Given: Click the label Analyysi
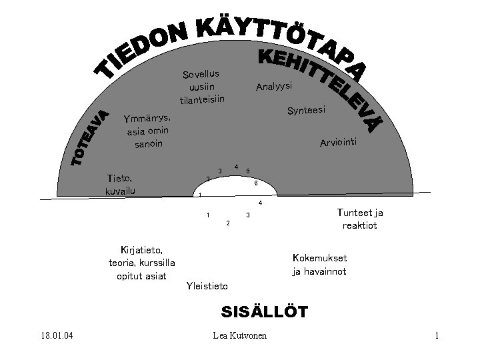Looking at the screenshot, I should click(x=274, y=87).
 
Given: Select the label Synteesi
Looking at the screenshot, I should click(x=306, y=110).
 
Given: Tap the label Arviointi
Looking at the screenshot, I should click(x=339, y=142).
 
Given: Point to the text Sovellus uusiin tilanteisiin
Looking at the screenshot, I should click(x=201, y=87).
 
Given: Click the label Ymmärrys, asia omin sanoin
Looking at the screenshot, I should click(x=147, y=131).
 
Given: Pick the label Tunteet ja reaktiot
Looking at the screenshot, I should click(x=360, y=219).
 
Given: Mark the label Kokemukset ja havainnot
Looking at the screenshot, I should click(x=319, y=265).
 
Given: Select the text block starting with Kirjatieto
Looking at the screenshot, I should click(x=141, y=263).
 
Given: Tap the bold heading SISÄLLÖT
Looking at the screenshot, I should click(x=264, y=311).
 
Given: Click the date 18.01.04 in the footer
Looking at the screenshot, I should click(x=56, y=335).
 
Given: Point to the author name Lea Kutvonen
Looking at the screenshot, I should click(x=239, y=335).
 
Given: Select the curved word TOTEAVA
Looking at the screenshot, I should click(x=89, y=138).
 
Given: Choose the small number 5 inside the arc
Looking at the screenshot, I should click(x=248, y=171).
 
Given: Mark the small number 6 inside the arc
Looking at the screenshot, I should click(x=256, y=183).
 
